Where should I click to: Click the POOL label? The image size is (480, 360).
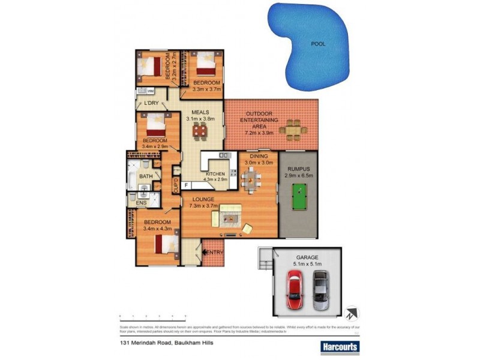pyautogui.click(x=319, y=43)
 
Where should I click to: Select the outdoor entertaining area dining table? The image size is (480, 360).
pyautogui.click(x=293, y=127)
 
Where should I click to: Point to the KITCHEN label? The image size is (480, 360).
pyautogui.click(x=215, y=173)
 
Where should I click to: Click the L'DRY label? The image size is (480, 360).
pyautogui.click(x=151, y=103)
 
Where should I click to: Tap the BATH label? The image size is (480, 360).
pyautogui.click(x=146, y=176)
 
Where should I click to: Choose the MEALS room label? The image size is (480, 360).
pyautogui.click(x=200, y=112)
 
